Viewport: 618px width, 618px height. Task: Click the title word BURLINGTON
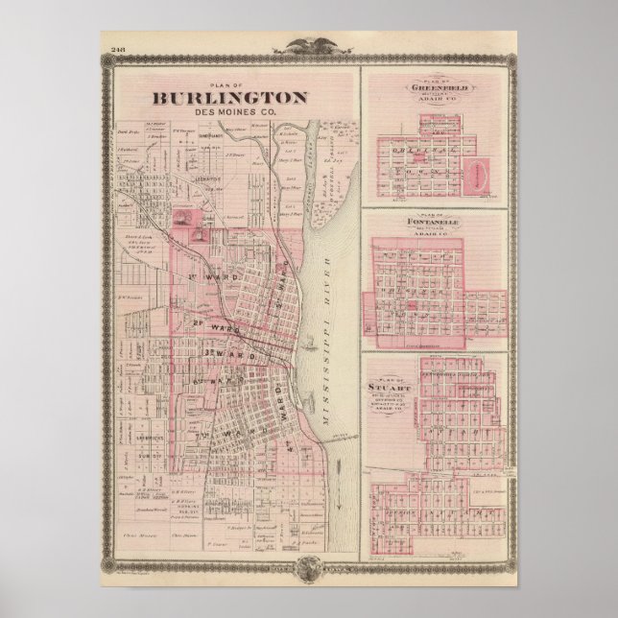pyautogui.click(x=227, y=97)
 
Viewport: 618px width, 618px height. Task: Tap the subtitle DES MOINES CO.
pyautogui.click(x=227, y=110)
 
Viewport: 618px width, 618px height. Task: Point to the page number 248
pyautogui.click(x=119, y=50)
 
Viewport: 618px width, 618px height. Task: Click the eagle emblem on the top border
pyautogui.click(x=309, y=44)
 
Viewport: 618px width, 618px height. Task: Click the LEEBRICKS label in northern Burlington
pyautogui.click(x=204, y=178)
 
